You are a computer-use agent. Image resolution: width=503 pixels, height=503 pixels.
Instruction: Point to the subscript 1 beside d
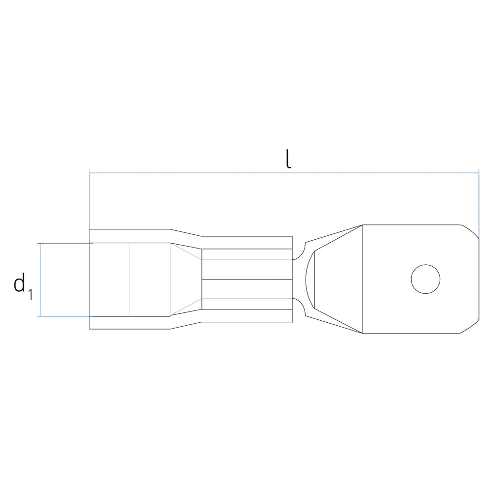coord(30,295)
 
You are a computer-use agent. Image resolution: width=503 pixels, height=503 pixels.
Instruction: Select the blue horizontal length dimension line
coord(284,173)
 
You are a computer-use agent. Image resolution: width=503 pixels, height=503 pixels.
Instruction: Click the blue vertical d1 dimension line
coord(40,279)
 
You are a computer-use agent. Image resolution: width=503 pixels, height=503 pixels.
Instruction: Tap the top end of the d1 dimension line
coord(40,244)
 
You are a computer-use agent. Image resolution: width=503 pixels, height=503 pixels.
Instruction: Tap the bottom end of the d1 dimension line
coord(40,316)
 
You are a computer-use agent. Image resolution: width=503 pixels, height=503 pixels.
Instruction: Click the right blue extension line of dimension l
coord(479,204)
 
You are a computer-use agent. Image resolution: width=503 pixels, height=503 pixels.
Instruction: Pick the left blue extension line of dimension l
coord(89,205)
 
